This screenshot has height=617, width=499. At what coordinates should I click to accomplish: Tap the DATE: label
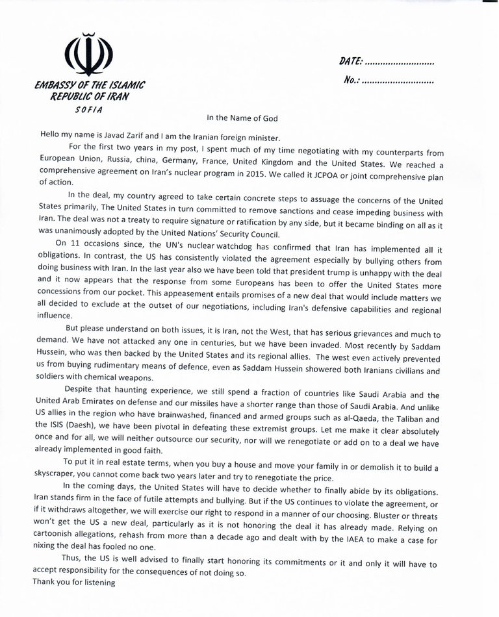(x=352, y=63)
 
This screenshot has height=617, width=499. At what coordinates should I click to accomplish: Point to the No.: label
(x=349, y=82)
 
